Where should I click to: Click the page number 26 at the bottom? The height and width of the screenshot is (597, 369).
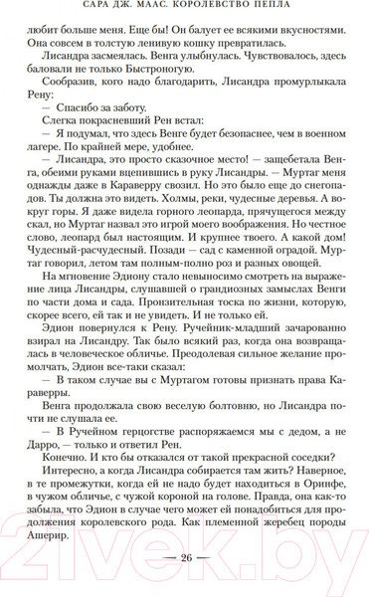[184, 557]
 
